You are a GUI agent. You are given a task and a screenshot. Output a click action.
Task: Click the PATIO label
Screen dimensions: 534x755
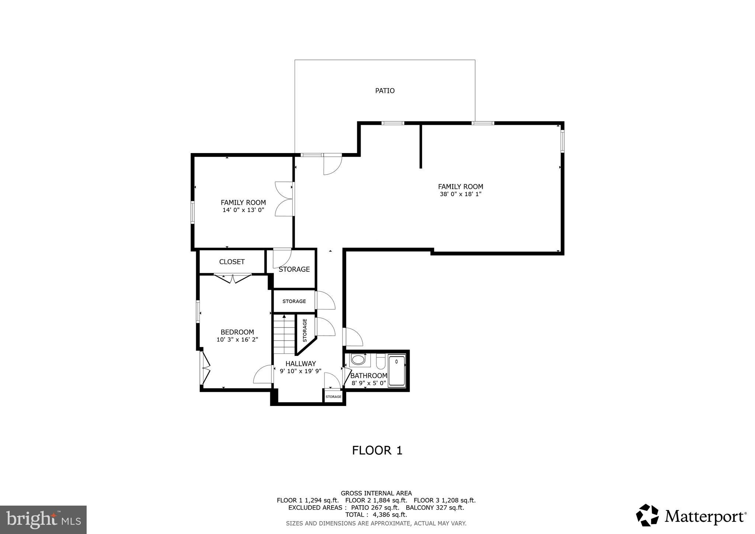coord(385,91)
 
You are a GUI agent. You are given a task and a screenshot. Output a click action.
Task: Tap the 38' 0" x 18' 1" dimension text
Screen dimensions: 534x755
coord(460,194)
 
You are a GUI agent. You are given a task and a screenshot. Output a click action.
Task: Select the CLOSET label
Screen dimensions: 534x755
coord(232,262)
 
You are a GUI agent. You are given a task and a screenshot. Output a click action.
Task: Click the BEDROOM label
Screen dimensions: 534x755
coord(237,332)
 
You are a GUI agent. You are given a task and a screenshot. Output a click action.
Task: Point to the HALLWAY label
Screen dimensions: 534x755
coord(300,364)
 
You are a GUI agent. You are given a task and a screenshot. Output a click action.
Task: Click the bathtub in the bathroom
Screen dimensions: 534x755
coord(397,371)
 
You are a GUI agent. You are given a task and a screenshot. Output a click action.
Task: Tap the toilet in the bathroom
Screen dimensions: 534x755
coord(381,361)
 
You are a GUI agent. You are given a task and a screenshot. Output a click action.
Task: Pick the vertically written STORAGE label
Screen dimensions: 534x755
coord(305,330)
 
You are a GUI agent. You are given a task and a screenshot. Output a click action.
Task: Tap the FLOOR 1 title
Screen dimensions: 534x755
coord(377,450)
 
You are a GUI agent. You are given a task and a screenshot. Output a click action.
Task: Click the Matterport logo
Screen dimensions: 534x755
coord(691,516)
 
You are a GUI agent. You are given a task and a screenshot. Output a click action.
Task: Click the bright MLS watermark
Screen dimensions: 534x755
coord(44,520)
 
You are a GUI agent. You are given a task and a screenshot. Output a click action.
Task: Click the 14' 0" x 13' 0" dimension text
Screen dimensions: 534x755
coord(243,210)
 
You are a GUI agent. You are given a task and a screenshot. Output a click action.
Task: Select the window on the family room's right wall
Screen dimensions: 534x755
coord(562,141)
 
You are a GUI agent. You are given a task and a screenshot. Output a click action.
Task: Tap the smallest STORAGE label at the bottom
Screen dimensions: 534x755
coord(333,397)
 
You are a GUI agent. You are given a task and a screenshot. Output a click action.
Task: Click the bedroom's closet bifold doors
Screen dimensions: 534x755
coord(233,278)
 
